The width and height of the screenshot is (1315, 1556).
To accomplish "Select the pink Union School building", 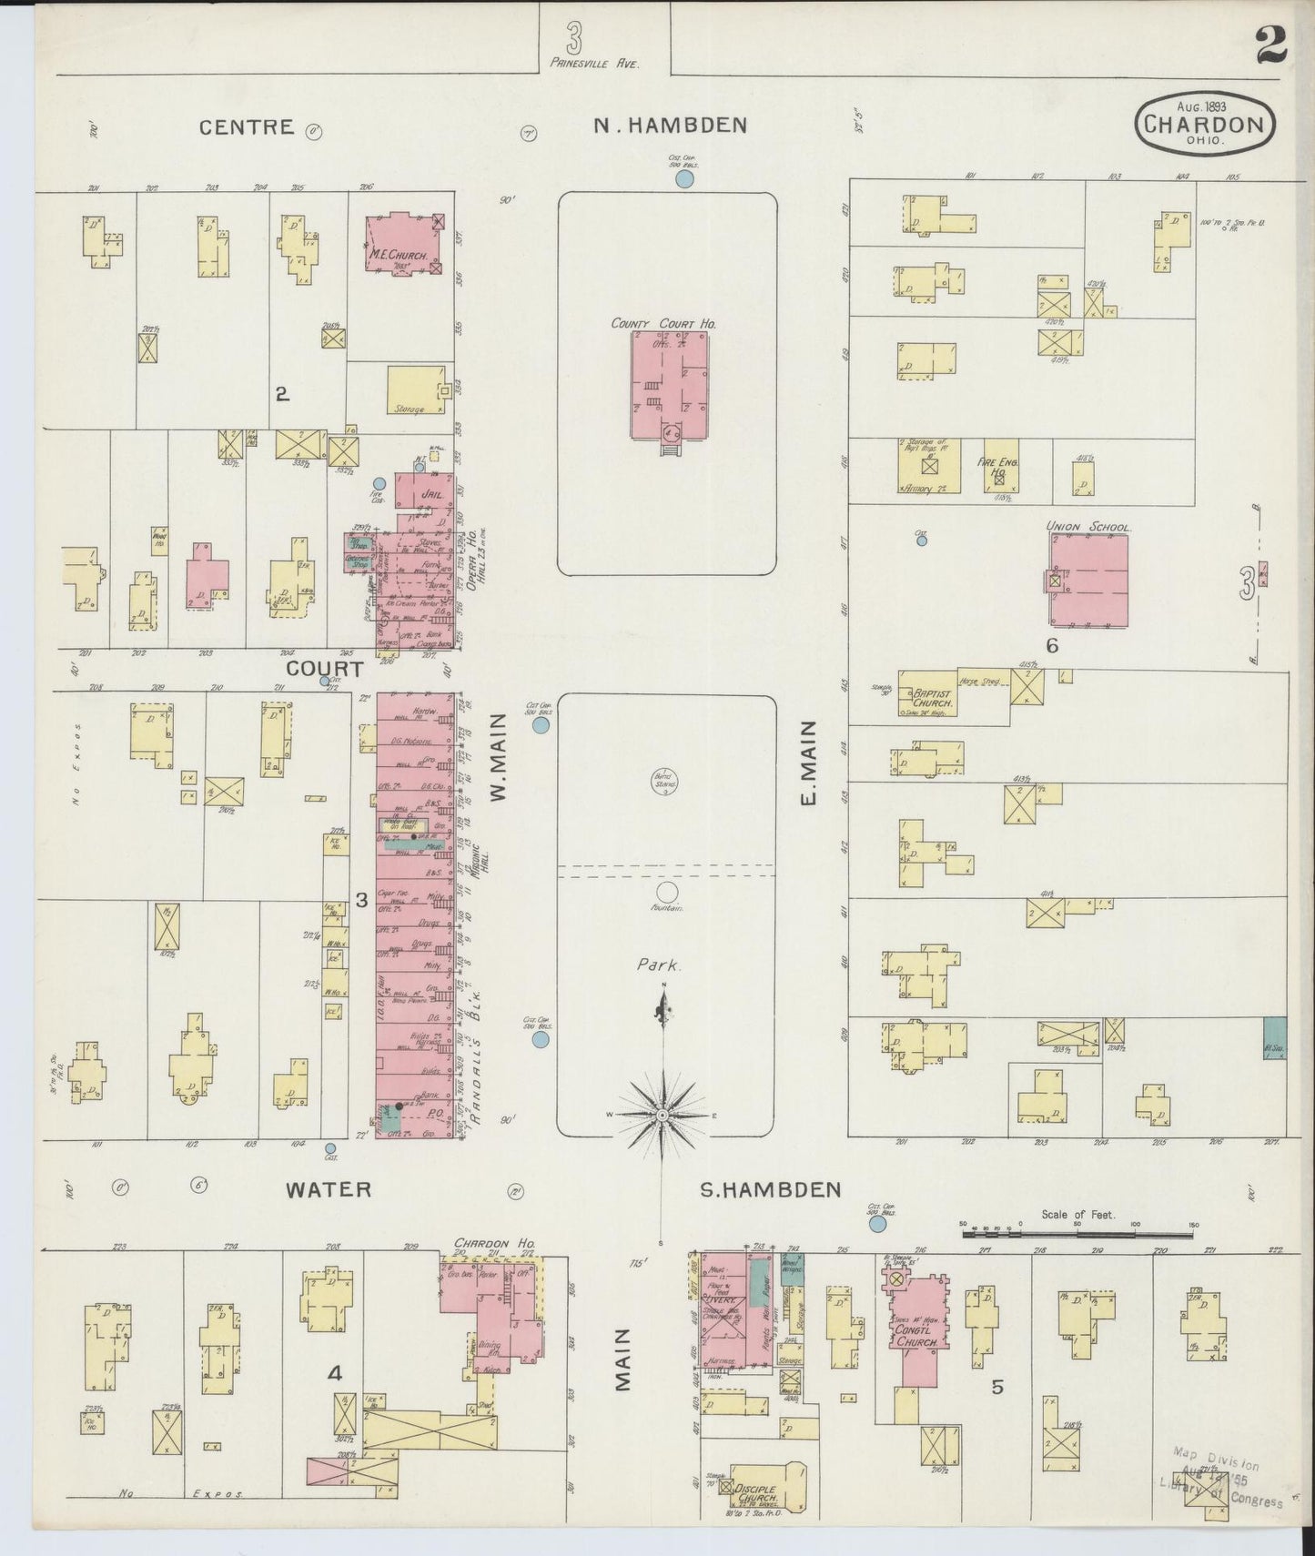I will pyautogui.click(x=1089, y=581).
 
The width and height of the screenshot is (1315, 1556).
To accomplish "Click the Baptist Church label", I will pyautogui.click(x=930, y=697).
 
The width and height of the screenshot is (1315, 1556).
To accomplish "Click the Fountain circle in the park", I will pyautogui.click(x=667, y=892).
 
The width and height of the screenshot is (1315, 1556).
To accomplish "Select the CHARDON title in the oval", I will pyautogui.click(x=1203, y=125).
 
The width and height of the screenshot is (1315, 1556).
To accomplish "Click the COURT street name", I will pyautogui.click(x=325, y=669).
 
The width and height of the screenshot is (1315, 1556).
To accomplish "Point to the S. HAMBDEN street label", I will pyautogui.click(x=769, y=1189).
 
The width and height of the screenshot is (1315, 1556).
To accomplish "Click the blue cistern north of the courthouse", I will pyautogui.click(x=684, y=179).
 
